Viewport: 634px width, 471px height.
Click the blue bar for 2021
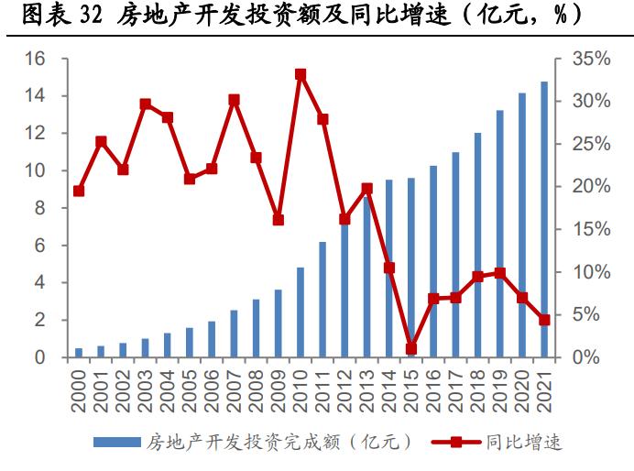[x=544, y=220]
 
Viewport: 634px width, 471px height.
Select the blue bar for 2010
[x=301, y=312]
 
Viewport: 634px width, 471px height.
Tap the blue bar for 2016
[x=433, y=261]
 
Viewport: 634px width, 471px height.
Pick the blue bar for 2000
[x=79, y=353]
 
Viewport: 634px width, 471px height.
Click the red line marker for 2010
[x=301, y=74]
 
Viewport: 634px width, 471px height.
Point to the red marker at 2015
[x=411, y=348]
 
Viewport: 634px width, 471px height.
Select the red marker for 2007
[x=234, y=100]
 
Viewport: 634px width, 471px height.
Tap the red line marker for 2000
[x=79, y=191]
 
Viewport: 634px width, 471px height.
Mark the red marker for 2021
[x=544, y=320]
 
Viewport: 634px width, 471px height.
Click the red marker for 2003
[x=145, y=104]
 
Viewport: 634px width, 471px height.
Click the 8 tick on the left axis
[x=39, y=208]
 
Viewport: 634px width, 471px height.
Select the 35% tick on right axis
[x=590, y=59]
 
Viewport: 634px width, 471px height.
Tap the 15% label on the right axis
[x=590, y=229]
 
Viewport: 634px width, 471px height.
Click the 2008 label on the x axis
[x=257, y=388]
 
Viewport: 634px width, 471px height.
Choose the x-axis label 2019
[x=500, y=388]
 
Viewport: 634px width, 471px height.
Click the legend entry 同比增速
[x=532, y=443]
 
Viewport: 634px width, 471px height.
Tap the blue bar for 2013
[x=366, y=275]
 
